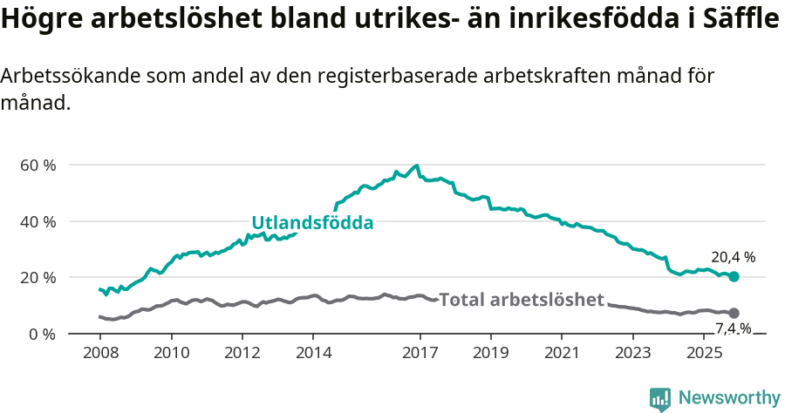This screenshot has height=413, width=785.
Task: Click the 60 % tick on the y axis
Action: tap(38, 165)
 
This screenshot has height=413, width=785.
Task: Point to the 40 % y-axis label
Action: tap(38, 221)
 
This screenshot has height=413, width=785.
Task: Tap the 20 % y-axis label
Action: tap(38, 277)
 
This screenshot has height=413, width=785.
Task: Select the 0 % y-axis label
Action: tap(43, 334)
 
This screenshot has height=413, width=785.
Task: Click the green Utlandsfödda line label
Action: tap(312, 223)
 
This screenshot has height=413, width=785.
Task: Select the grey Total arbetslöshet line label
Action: tap(521, 300)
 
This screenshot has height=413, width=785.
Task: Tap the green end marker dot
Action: tap(734, 276)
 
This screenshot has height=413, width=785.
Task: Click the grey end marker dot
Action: tap(734, 313)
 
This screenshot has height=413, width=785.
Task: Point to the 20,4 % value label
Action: tap(733, 257)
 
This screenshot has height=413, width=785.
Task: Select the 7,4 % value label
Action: tap(733, 328)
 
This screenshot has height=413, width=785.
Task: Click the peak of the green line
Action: tap(417, 166)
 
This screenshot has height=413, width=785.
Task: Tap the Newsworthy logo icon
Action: tap(660, 398)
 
